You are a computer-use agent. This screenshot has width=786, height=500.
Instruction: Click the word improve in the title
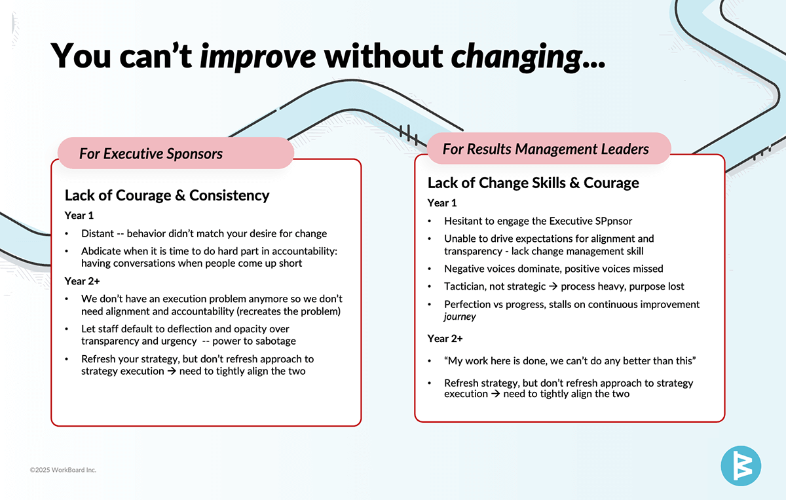pyautogui.click(x=257, y=56)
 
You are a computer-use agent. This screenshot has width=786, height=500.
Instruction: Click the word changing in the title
pyautogui.click(x=517, y=56)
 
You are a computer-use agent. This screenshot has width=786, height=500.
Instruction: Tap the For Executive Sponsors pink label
pyautogui.click(x=176, y=153)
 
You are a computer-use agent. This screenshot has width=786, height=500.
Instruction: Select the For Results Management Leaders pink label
pyautogui.click(x=549, y=149)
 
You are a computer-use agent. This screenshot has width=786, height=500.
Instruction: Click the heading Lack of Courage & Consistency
pyautogui.click(x=167, y=195)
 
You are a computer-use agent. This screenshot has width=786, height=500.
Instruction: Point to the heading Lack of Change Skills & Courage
pyautogui.click(x=533, y=183)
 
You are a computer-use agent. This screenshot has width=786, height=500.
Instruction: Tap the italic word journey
pyautogui.click(x=460, y=317)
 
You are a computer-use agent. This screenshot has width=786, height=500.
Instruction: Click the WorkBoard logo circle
pyautogui.click(x=741, y=466)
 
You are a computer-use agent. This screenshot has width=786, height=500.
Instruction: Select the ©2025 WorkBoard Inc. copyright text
pyautogui.click(x=63, y=470)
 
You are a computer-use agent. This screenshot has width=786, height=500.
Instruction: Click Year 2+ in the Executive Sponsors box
pyautogui.click(x=82, y=281)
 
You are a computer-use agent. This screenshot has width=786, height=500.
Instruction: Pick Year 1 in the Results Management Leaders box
pyautogui.click(x=441, y=203)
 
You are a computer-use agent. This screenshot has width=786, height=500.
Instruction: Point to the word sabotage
pyautogui.click(x=278, y=341)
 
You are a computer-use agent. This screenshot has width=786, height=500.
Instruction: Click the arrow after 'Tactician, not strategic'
pyautogui.click(x=553, y=286)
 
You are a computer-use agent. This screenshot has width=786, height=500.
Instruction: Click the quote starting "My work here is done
pyautogui.click(x=570, y=361)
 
